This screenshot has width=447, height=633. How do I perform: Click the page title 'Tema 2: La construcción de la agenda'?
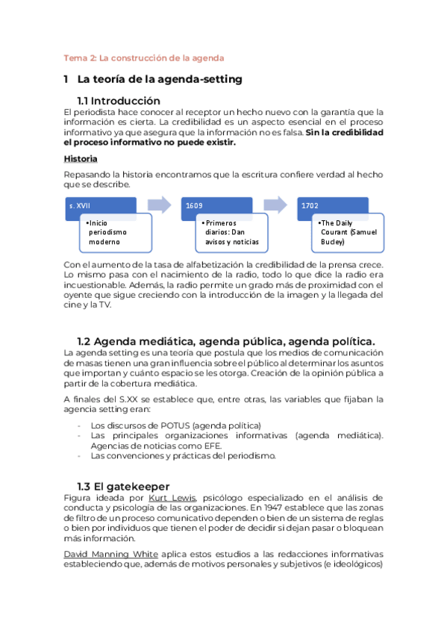click(x=144, y=57)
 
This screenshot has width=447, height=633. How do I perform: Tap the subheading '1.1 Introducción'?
click(x=119, y=101)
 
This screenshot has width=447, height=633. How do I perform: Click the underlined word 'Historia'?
click(x=81, y=159)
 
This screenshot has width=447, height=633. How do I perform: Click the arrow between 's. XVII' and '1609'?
click(x=159, y=204)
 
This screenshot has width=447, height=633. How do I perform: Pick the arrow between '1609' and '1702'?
click(x=275, y=204)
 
